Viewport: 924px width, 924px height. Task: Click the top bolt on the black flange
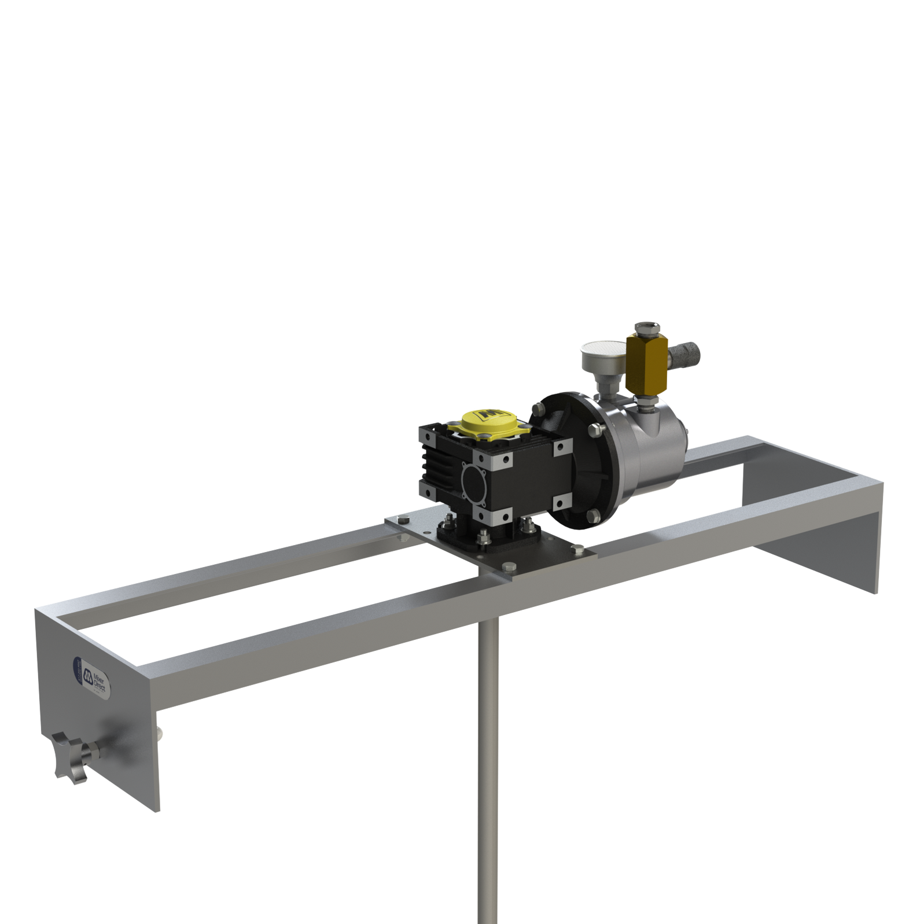pos(538,408)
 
